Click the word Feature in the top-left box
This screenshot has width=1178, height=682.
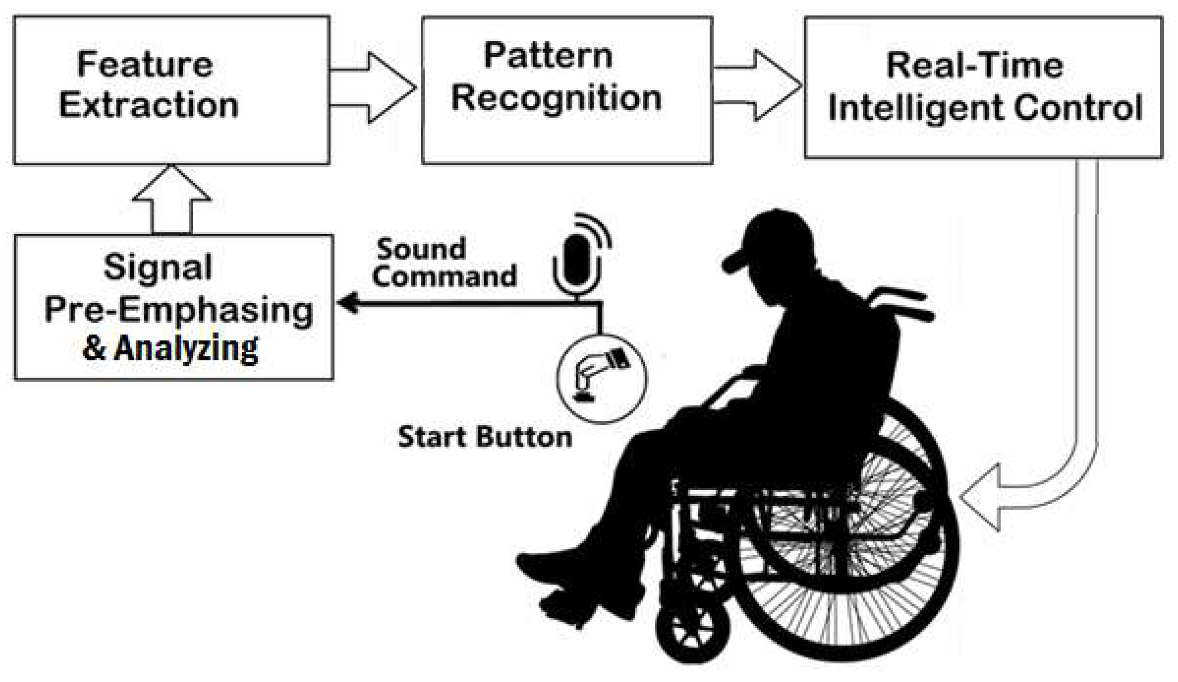(145, 65)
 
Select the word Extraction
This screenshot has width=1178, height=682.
(149, 105)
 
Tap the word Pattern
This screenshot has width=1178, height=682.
(548, 56)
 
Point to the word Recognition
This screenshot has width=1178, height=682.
(556, 98)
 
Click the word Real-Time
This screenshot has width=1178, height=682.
(975, 66)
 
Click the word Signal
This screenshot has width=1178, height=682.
(157, 267)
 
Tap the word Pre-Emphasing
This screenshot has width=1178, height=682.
(179, 310)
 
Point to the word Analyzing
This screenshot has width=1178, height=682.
(186, 348)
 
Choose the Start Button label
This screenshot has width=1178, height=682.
(485, 437)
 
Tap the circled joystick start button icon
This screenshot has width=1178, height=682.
(601, 379)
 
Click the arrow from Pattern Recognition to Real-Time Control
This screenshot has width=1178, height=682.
(759, 85)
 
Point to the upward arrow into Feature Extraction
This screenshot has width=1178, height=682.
(172, 200)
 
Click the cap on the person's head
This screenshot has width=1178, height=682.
(765, 238)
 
